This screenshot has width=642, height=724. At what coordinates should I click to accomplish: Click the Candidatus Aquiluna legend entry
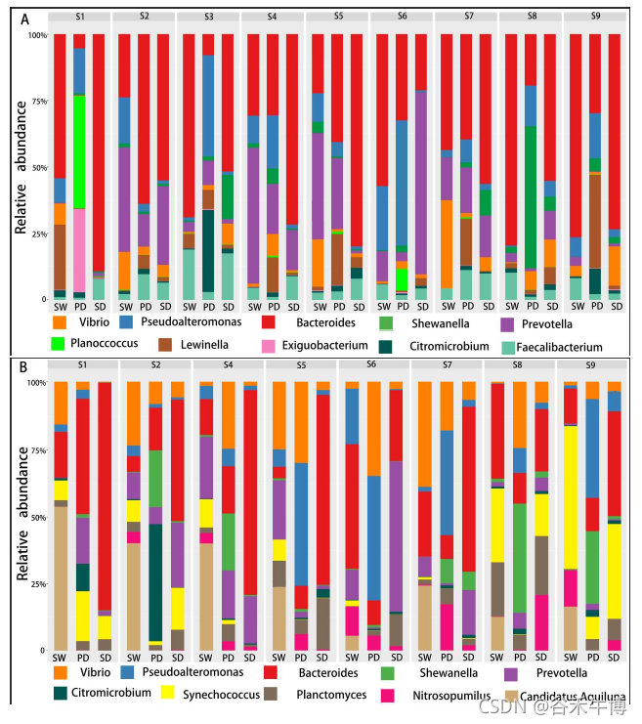coord(572,696)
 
